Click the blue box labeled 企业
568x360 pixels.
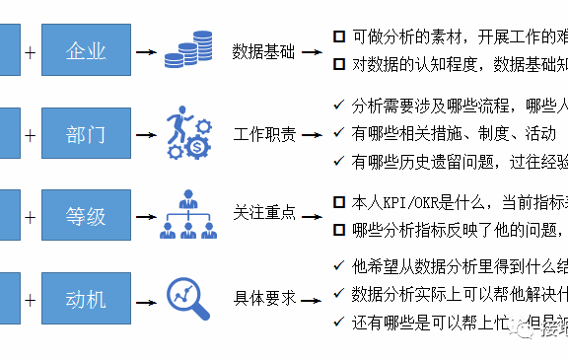click(x=86, y=50)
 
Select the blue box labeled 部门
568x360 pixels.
click(x=86, y=134)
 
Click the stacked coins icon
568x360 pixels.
click(x=189, y=50)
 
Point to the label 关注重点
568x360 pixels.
click(x=263, y=212)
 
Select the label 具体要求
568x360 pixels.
click(x=263, y=296)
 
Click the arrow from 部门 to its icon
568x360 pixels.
click(x=147, y=134)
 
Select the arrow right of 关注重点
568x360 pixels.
click(x=315, y=213)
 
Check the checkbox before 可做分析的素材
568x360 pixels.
click(x=339, y=36)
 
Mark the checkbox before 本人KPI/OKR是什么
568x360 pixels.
click(x=339, y=202)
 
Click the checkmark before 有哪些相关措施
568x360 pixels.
click(x=339, y=132)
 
